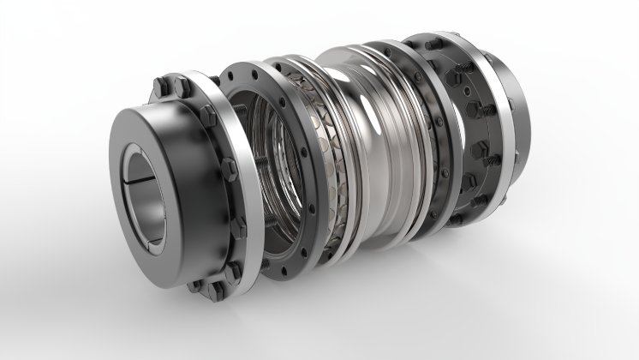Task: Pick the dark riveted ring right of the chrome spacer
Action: click(x=433, y=129)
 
